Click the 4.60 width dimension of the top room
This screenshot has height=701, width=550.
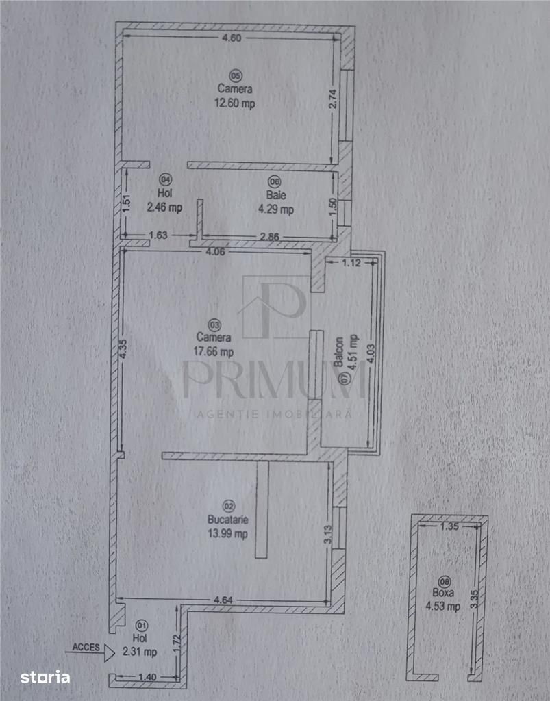tap(232, 38)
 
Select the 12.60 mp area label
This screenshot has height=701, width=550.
tap(235, 103)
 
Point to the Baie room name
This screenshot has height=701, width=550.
tap(276, 195)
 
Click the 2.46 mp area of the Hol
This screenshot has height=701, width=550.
tap(164, 207)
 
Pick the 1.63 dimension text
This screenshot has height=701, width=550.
tap(158, 235)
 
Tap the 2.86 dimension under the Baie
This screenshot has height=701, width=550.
tap(270, 236)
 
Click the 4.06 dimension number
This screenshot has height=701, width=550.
tap(215, 252)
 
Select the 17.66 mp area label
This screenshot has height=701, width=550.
tap(213, 351)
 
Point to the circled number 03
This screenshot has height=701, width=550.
tap(214, 324)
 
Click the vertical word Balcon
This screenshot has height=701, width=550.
tap(340, 351)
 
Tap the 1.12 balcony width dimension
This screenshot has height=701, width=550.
tap(351, 263)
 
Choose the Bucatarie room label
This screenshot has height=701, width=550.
tap(227, 520)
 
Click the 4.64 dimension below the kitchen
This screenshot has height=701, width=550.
tap(223, 600)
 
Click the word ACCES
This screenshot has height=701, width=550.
tap(86, 647)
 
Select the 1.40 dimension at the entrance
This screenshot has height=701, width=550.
tap(147, 677)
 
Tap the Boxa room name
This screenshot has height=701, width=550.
tap(442, 593)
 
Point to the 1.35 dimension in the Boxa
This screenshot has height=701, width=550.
tap(449, 526)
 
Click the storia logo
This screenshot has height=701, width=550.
tap(45, 677)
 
